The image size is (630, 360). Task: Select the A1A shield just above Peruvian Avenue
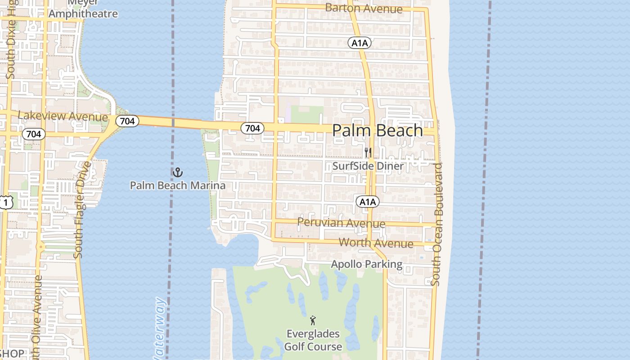[368, 202]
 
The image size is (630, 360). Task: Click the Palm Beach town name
[378, 130]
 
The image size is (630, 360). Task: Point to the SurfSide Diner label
[368, 166]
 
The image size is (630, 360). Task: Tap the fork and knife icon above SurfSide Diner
[368, 152]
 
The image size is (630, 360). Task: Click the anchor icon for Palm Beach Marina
[178, 172]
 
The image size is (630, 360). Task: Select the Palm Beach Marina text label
[178, 185]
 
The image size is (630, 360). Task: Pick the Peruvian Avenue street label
[341, 223]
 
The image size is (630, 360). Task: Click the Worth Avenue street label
[376, 243]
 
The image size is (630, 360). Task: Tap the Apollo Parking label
[367, 264]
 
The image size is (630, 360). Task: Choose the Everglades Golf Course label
[313, 340]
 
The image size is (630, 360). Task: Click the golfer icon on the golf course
[313, 320]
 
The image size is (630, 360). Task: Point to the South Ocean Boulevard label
[436, 224]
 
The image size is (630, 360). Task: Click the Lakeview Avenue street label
[63, 116]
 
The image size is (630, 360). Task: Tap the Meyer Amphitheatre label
[83, 9]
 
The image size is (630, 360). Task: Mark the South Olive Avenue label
[36, 315]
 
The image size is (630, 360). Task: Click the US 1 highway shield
[5, 202]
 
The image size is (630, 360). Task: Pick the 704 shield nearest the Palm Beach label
[252, 128]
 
